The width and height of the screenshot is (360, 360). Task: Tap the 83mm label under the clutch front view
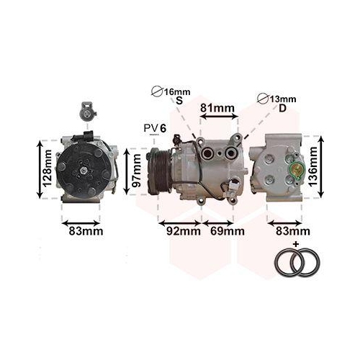(85, 231)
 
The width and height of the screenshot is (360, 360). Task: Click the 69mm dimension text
(227, 231)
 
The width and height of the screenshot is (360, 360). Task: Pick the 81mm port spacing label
(217, 109)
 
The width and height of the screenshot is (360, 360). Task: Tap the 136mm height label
(312, 166)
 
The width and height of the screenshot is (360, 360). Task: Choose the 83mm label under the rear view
(292, 231)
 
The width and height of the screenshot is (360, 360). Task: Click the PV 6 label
(155, 128)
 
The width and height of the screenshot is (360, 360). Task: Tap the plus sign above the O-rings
(295, 245)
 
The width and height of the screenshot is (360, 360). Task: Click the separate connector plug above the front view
(86, 114)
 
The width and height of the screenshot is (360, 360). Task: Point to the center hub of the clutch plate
(84, 170)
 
